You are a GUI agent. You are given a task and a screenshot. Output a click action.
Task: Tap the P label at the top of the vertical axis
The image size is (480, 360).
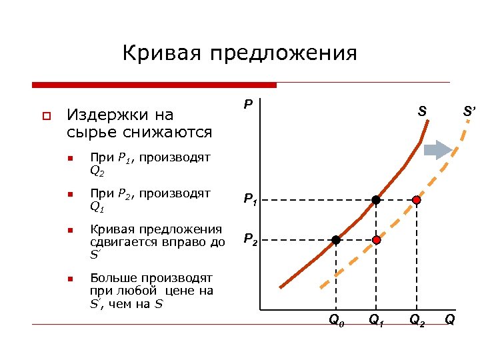247,105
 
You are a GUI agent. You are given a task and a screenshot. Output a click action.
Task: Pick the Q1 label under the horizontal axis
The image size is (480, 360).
377,321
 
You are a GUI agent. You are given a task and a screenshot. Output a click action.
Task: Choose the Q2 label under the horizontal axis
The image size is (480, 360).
417,321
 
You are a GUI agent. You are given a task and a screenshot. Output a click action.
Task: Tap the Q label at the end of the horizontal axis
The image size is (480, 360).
450,320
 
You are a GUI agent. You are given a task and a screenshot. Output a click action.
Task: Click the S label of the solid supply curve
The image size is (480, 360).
422,111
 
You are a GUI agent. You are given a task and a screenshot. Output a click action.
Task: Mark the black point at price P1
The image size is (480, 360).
376,199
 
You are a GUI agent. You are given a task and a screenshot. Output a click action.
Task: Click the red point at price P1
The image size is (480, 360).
417,199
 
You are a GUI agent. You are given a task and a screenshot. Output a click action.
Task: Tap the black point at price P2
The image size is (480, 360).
336,239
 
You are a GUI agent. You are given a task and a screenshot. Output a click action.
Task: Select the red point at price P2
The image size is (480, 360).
376,239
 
